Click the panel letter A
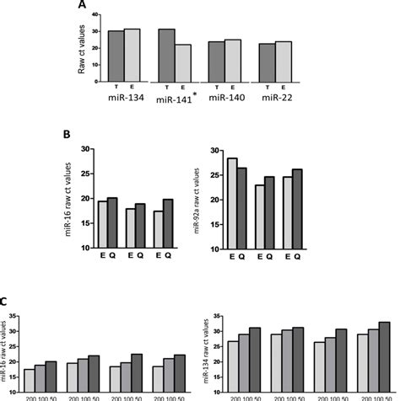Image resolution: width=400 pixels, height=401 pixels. [x=82, y=5]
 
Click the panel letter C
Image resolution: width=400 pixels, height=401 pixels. [x=4, y=301]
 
